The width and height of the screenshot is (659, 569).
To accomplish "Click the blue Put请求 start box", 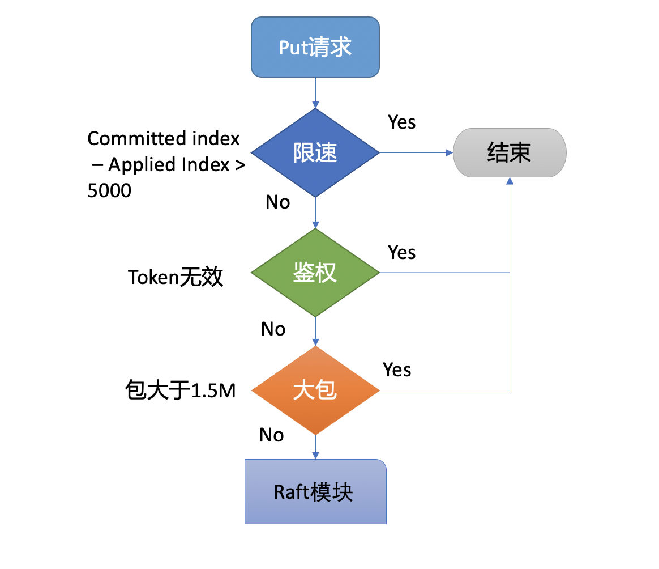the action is [315, 47].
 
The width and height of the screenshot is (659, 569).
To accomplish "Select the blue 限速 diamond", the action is [315, 153].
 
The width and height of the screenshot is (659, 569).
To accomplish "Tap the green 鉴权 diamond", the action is [315, 273].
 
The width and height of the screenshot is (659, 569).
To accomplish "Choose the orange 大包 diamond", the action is [315, 390].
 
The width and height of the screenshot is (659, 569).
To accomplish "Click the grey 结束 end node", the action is [510, 153].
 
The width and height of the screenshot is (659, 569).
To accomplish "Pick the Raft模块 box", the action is [316, 491].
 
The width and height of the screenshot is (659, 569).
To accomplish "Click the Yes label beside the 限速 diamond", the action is [402, 122].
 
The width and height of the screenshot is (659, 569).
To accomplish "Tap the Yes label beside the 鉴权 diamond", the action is [402, 253].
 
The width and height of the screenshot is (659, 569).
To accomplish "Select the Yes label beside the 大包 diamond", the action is [397, 370].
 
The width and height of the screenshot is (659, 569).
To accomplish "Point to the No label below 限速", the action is [278, 202].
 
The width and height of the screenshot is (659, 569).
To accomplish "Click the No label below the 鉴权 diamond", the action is [273, 329].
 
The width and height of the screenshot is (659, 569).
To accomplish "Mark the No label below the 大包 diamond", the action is [272, 435].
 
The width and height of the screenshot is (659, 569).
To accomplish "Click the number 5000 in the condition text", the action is [109, 190].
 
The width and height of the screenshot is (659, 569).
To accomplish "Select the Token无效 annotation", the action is [176, 277].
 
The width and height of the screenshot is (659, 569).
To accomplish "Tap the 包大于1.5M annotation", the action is [180, 390].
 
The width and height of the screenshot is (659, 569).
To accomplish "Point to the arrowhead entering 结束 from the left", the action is [450, 153].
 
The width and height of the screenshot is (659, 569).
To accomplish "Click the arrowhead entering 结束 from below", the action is [510, 181].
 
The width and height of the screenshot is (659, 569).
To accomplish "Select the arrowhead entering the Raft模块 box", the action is [316, 455].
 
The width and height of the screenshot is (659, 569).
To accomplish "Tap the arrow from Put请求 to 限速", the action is [316, 92].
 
